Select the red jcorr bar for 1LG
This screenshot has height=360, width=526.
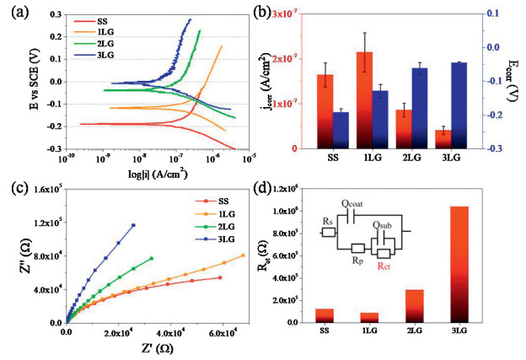364,100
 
